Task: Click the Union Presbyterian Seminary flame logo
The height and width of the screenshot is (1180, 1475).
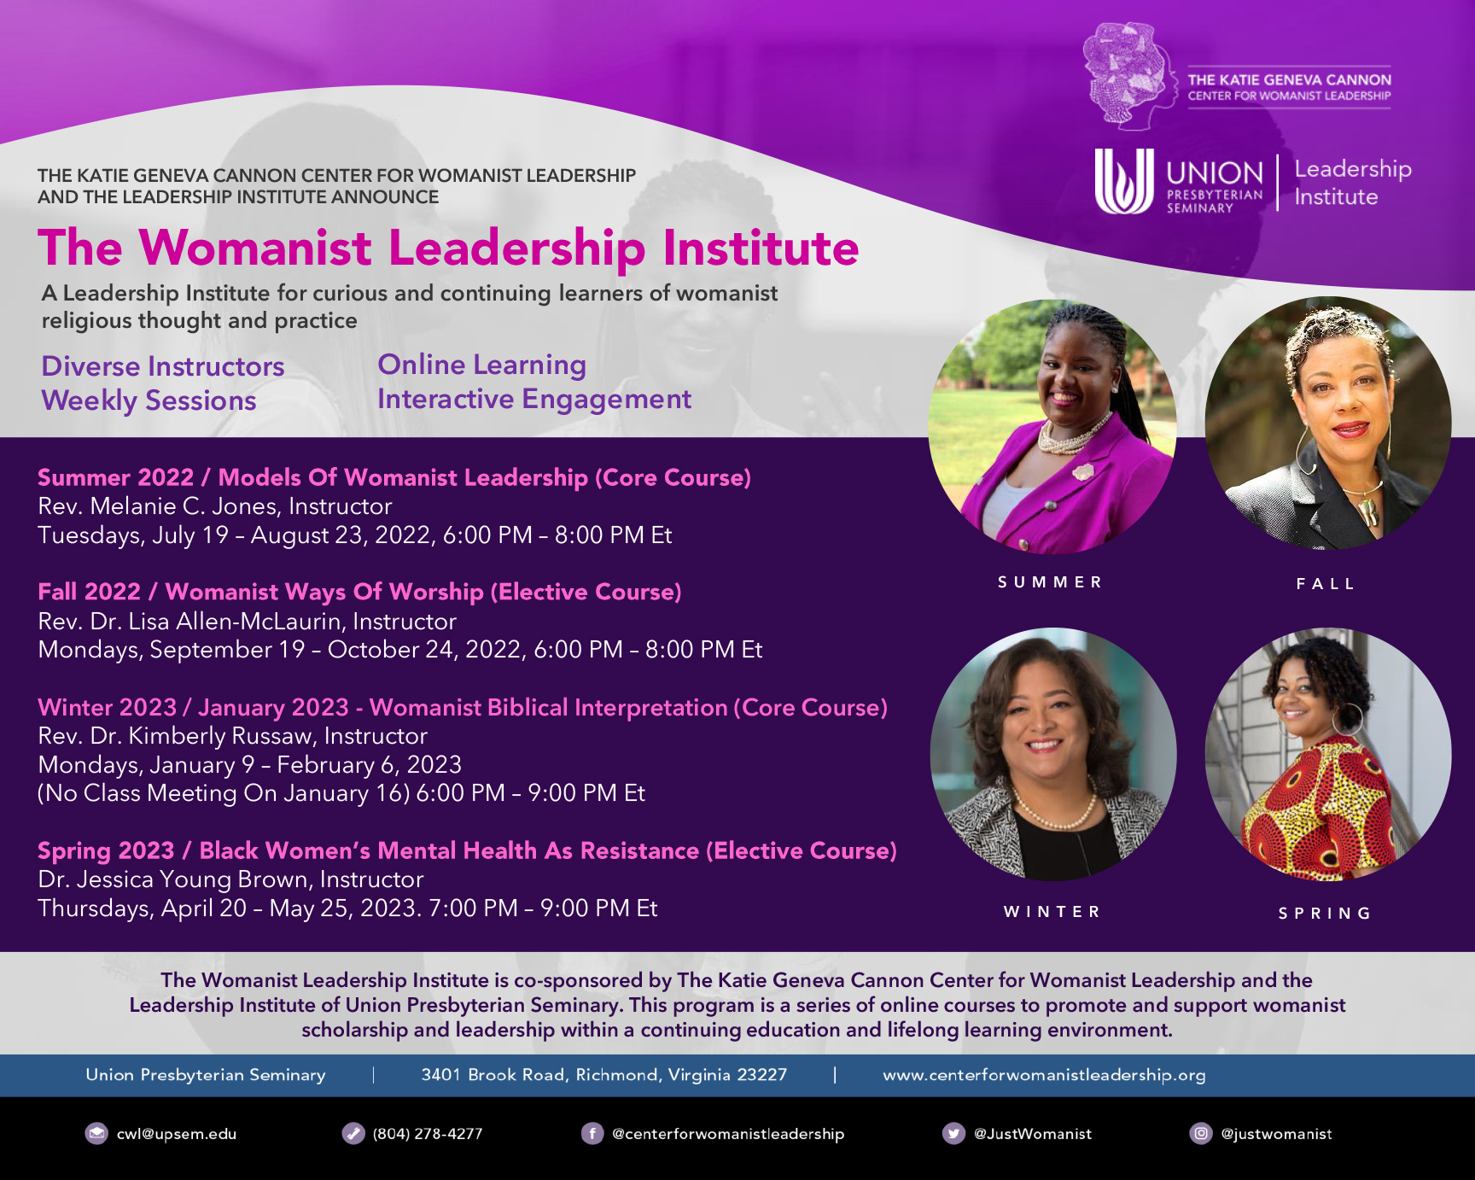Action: click(1124, 181)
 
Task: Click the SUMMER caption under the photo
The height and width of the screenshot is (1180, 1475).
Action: click(1050, 582)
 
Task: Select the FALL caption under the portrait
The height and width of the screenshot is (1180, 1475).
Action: click(1326, 584)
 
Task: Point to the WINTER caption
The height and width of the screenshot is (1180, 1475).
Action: click(1052, 912)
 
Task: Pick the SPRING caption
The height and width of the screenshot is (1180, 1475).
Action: click(1325, 914)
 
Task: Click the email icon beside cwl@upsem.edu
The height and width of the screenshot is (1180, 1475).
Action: click(96, 1133)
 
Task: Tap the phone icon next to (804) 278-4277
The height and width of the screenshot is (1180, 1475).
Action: click(353, 1133)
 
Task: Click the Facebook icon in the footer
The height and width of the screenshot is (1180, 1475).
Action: click(592, 1133)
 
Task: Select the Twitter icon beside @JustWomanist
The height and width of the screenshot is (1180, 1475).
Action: click(953, 1133)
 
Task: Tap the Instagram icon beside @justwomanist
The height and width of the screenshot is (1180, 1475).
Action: click(1201, 1133)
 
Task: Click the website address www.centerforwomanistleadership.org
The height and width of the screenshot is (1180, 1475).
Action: click(1044, 1075)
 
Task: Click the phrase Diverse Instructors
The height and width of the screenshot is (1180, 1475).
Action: click(163, 366)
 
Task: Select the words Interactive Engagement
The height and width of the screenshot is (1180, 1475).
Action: click(534, 400)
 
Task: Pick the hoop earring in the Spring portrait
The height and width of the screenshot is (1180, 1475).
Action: click(1348, 718)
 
